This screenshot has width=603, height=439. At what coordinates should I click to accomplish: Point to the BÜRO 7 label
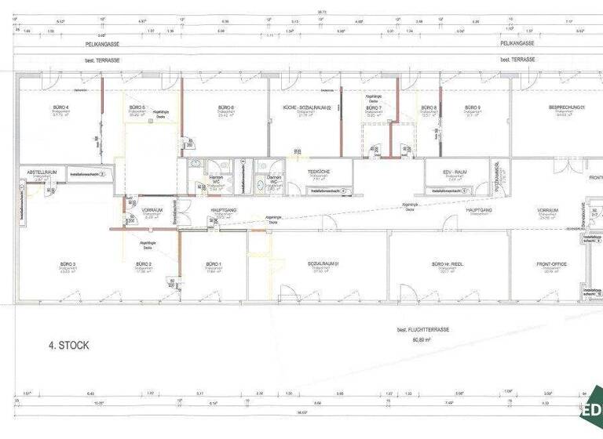click(x=374, y=107)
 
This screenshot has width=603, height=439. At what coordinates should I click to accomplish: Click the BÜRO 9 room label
click(x=472, y=107)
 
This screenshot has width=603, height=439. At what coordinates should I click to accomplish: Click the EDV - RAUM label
click(x=456, y=171)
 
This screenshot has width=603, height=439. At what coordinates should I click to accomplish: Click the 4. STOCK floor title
click(x=68, y=345)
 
